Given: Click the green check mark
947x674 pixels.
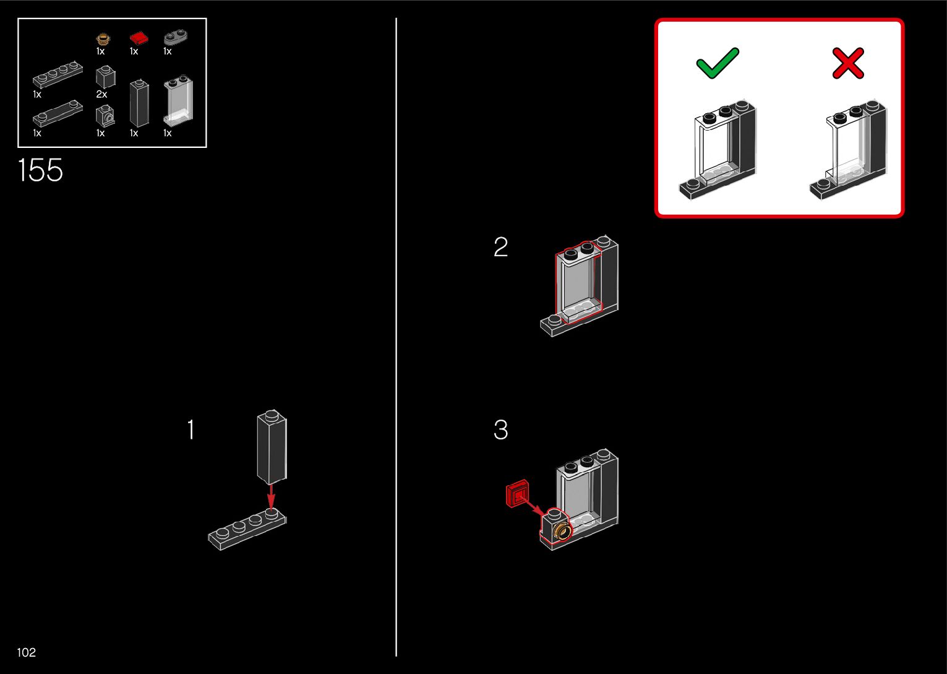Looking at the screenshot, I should (x=718, y=63).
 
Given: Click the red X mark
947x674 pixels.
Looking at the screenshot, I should (x=847, y=64).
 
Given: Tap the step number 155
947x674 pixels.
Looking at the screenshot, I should (x=40, y=170).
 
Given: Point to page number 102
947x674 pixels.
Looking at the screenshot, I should (x=27, y=652).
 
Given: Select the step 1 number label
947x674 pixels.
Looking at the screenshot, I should (x=191, y=430).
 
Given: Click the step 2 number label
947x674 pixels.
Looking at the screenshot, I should (x=500, y=248).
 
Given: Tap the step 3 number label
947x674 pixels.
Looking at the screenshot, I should (x=500, y=430).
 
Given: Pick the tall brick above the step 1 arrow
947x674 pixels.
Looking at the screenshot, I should (x=272, y=446).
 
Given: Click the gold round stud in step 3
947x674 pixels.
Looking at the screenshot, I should (x=563, y=530).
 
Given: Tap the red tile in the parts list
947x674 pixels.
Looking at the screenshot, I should (x=139, y=38).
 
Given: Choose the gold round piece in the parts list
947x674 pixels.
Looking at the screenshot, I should (x=103, y=39).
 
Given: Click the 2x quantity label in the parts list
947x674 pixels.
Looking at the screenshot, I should (x=101, y=95).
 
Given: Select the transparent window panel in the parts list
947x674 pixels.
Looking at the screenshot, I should (x=178, y=101).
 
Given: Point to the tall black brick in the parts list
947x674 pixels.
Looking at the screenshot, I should (x=139, y=103).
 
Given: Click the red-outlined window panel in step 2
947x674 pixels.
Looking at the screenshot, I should (x=578, y=282).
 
